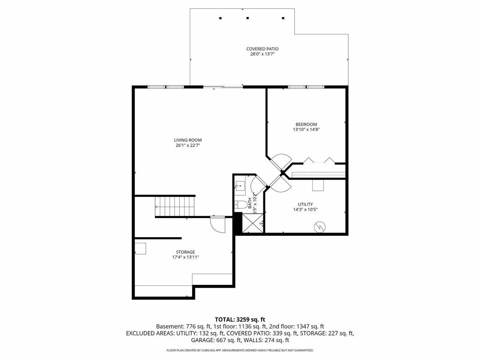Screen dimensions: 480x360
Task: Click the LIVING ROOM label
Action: (188, 140)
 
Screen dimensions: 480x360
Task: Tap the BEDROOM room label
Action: (306, 124)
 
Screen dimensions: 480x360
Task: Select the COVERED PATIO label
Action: (262, 49)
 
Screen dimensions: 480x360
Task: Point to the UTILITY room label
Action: (306, 204)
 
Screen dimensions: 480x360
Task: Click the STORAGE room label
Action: (186, 252)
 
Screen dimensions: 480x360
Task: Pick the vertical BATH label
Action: (250, 203)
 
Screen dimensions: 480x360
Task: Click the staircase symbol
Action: (175, 206)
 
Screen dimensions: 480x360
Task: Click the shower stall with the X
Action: (253, 223)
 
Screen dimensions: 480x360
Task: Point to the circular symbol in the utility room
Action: (319, 226)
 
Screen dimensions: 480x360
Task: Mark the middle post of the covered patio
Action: (247, 18)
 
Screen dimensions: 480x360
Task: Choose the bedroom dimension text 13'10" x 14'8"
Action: (306, 129)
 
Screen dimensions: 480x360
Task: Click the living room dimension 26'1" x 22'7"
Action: (188, 145)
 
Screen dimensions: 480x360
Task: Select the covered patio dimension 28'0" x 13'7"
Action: (262, 54)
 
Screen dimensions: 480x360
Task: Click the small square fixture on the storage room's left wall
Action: (141, 248)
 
